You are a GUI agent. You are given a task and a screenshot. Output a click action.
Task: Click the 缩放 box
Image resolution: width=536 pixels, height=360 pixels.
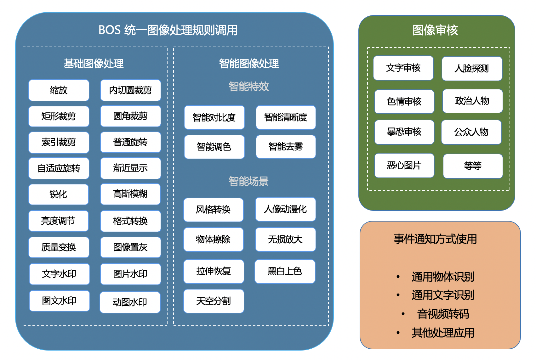coord(59,90)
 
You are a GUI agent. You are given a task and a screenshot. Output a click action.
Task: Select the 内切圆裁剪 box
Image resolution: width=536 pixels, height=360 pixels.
coord(130,90)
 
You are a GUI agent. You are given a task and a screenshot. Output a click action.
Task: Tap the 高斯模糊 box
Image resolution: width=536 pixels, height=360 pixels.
coord(130,194)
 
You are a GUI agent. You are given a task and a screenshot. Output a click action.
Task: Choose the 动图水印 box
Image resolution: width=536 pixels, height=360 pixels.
coord(130,302)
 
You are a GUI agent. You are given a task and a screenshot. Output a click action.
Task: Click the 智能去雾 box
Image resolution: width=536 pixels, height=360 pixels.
coord(286,147)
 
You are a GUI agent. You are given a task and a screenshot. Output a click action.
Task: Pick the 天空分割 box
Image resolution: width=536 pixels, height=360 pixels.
coord(214,301)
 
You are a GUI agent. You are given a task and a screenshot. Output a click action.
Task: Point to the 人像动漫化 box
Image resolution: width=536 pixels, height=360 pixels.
coord(285,209)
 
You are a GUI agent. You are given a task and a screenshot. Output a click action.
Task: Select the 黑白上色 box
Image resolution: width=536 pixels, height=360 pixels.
coord(285,271)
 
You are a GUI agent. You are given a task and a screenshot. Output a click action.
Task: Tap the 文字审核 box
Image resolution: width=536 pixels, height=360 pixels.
coord(403,68)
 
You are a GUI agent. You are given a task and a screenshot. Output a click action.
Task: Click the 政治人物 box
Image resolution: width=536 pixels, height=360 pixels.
coord(473,101)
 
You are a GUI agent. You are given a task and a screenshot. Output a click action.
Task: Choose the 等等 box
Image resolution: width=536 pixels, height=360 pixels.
coord(473,166)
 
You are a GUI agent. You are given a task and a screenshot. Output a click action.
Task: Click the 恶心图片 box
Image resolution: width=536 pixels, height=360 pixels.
coord(404,166)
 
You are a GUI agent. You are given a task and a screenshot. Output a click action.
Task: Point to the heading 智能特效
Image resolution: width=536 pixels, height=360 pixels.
coord(249,87)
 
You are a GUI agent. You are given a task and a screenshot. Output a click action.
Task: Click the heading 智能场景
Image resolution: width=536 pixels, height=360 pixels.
coord(249,181)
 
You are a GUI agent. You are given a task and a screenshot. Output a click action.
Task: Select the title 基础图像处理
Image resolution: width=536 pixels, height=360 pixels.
coord(94,64)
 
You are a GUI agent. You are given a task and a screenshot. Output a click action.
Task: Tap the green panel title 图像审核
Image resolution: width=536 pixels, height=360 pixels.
coord(435,30)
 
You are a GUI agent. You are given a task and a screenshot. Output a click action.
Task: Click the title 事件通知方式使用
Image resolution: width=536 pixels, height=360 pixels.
coord(435,239)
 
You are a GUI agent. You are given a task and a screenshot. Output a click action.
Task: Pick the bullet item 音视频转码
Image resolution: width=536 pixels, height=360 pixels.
coord(443,314)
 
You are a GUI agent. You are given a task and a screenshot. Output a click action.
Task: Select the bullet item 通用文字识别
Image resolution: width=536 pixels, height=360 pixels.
coord(443,295)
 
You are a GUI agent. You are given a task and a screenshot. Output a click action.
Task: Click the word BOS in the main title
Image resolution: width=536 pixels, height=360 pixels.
coord(110,30)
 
